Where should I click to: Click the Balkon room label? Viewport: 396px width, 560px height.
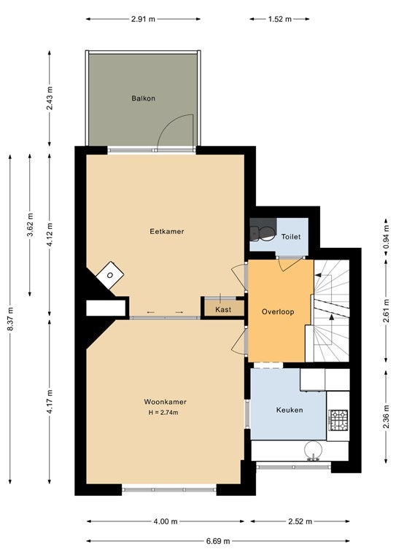tap(143, 98)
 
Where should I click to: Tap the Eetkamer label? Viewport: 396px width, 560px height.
tap(167, 231)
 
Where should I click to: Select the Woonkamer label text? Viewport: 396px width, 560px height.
tap(165, 402)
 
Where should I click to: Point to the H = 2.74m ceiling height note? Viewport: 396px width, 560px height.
tap(163, 413)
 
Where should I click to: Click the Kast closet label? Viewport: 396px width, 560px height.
tap(223, 310)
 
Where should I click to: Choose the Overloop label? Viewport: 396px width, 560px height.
tap(278, 312)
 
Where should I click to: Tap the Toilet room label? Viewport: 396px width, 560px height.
tap(291, 237)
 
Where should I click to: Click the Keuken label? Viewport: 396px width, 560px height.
tap(290, 410)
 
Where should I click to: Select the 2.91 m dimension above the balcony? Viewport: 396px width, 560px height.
tap(143, 19)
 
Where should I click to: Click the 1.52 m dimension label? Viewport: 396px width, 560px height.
tap(280, 19)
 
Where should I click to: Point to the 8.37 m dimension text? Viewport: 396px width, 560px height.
tap(10, 319)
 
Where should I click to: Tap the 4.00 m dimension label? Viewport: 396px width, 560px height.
tap(166, 522)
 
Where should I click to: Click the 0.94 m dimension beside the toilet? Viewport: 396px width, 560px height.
tap(386, 237)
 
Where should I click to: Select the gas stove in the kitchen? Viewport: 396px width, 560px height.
tap(338, 420)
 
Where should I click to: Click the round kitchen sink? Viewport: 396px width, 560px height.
tap(313, 450)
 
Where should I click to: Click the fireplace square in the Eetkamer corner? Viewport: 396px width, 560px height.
tap(110, 275)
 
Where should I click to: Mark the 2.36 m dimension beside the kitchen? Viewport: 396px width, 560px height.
tap(386, 416)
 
